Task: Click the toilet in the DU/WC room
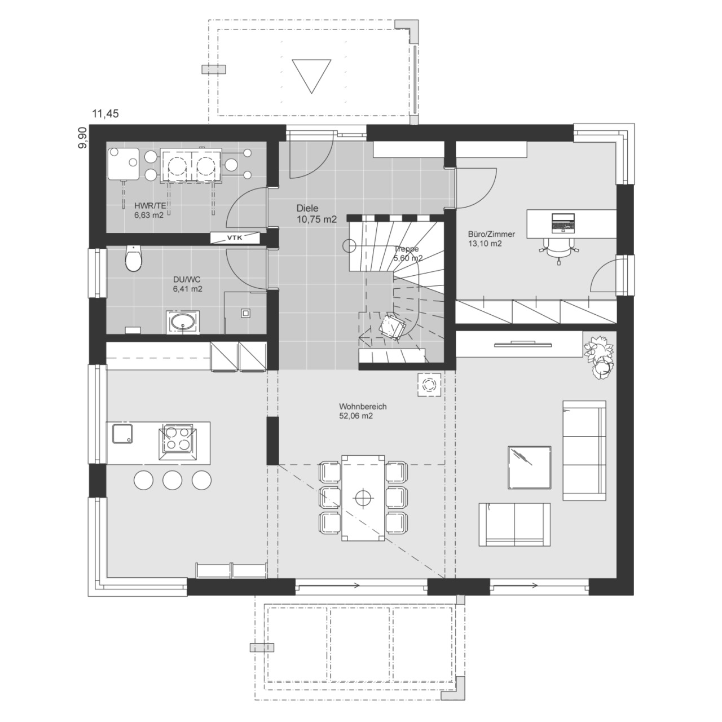(134, 258)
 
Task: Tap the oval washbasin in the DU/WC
(182, 322)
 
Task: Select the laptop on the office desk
(562, 223)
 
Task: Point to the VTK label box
(235, 237)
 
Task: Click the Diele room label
(307, 208)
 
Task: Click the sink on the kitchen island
(122, 434)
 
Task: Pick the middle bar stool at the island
(173, 480)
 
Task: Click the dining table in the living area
(363, 498)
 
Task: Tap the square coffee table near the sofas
(530, 467)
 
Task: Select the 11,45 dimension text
(105, 113)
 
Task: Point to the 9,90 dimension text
(82, 138)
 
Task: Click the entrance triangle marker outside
(311, 76)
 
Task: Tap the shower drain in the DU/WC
(246, 313)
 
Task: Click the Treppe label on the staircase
(406, 249)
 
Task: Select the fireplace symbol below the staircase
(429, 385)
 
